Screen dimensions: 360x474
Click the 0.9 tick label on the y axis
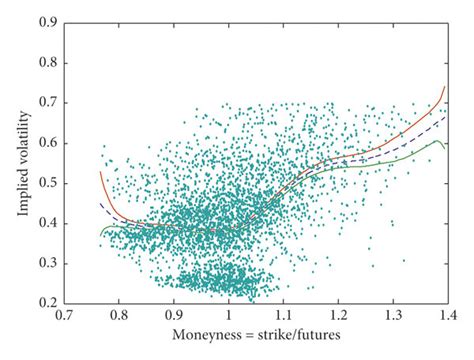click(x=47, y=19)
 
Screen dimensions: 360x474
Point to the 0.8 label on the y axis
click(x=47, y=59)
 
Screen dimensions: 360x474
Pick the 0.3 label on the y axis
click(x=47, y=261)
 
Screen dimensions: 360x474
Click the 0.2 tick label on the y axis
click(x=47, y=301)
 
